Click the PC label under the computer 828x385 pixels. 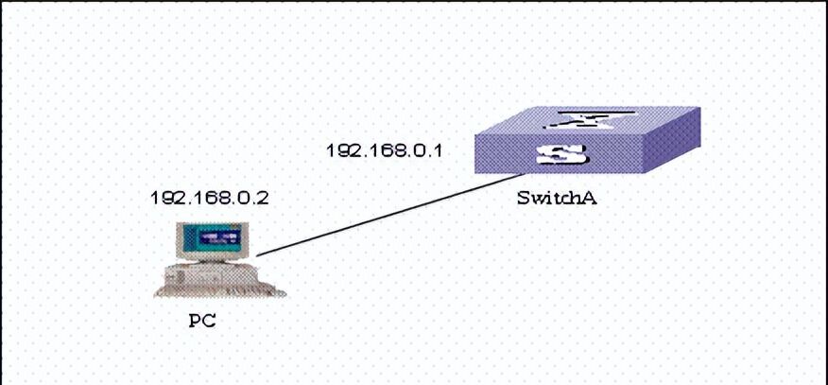click(202, 320)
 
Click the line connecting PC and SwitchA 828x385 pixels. click(388, 216)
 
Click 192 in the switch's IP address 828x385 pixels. click(342, 150)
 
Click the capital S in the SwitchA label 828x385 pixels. click(523, 199)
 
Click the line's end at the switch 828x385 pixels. click(523, 176)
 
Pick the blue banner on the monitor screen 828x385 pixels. click(215, 234)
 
